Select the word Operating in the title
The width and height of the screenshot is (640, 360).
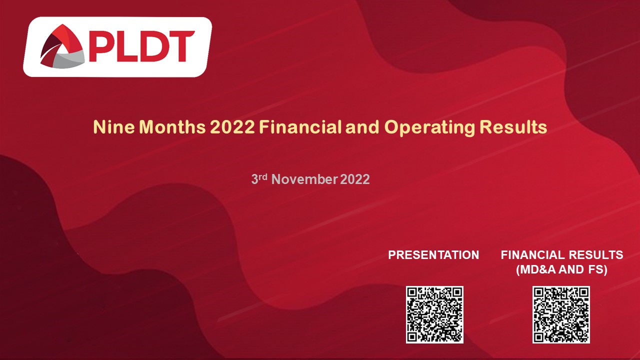coord(429,127)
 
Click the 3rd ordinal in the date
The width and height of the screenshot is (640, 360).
coord(258,178)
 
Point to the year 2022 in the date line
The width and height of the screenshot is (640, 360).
coord(355,179)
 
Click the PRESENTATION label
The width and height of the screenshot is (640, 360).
coord(433,255)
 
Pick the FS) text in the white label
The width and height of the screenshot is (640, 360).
coord(598,270)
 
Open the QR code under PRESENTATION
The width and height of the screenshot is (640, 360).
coord(434,314)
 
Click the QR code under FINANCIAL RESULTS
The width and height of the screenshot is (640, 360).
coord(561,314)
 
